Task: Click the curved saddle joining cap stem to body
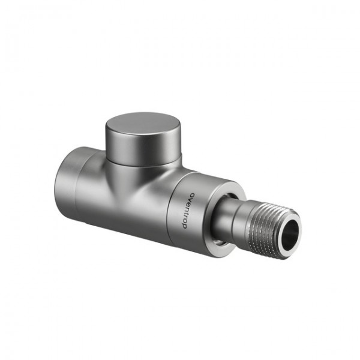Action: tap(129, 180)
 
